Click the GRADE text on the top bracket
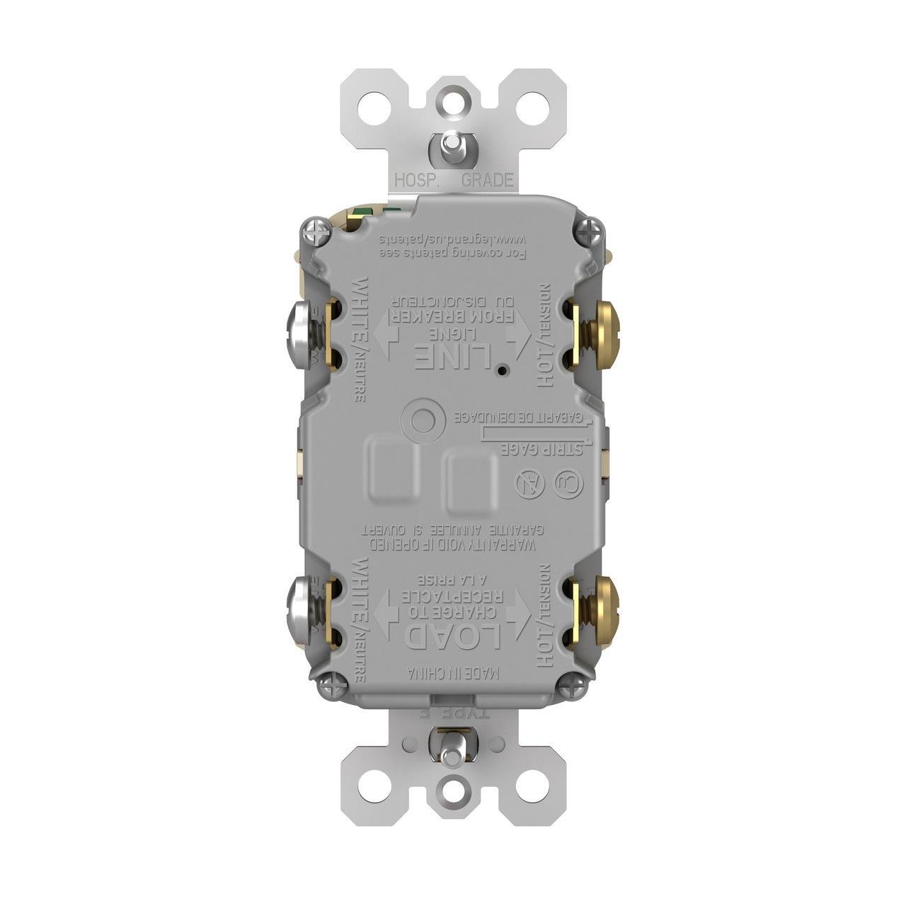coord(487,180)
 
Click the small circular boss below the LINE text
coord(423,420)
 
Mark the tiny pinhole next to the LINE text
coord(500,370)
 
